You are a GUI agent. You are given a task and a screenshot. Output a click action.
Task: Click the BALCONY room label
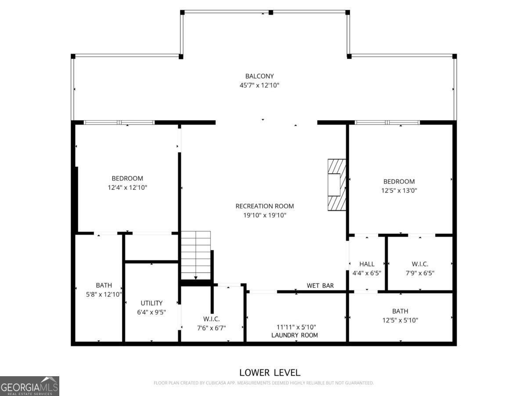(x=259, y=76)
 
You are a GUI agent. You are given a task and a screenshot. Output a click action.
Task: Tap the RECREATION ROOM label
(x=264, y=206)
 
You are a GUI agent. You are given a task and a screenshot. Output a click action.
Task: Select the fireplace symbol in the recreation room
(x=337, y=185)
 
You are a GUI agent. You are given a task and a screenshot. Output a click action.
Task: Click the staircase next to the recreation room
(x=196, y=255)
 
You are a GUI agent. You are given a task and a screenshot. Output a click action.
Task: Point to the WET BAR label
(x=320, y=286)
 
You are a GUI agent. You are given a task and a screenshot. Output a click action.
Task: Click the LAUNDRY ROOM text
(x=295, y=335)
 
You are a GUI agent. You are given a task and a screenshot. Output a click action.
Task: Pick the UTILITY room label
(x=151, y=303)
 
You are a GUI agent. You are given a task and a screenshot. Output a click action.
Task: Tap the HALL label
(x=367, y=264)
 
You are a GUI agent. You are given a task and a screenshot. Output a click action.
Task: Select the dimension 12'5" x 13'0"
(x=399, y=191)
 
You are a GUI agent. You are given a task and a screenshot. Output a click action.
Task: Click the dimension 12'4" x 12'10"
(x=127, y=187)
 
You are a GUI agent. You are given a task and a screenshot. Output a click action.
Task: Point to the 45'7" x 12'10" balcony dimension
(x=259, y=85)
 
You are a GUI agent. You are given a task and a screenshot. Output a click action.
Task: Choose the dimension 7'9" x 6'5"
(x=420, y=273)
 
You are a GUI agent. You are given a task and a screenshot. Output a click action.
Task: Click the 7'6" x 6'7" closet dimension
(x=211, y=328)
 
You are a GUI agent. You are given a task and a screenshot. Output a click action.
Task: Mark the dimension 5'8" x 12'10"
(x=104, y=294)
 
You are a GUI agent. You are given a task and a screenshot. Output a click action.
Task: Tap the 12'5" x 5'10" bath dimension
(x=400, y=320)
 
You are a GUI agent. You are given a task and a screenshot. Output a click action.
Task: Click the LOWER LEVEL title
(x=270, y=372)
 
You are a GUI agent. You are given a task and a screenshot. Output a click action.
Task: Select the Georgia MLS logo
(x=29, y=386)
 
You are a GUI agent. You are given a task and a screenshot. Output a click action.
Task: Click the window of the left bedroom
(x=119, y=122)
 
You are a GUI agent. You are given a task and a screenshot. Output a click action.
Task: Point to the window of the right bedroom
(x=387, y=122)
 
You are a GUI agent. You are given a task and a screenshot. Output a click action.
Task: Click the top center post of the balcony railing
(x=271, y=12)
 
